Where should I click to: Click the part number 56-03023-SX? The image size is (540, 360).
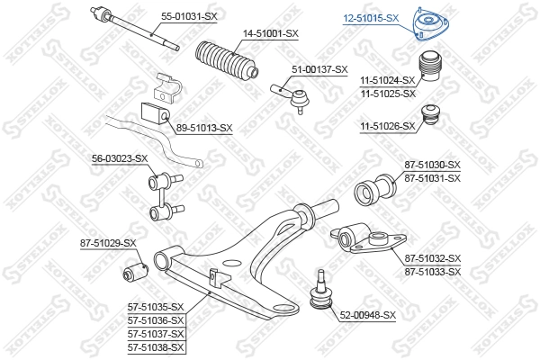pos(119,158)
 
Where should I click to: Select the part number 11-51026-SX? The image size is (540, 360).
pos(389,126)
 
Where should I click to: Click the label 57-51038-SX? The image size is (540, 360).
pos(155,347)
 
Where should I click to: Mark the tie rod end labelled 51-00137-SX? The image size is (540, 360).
pos(294,94)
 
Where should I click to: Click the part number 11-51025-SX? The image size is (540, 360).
pos(389,94)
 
